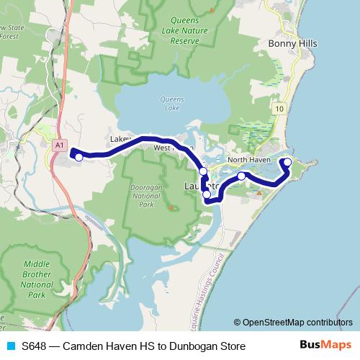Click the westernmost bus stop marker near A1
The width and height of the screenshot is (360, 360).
[78, 156]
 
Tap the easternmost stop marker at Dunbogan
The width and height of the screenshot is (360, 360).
[287, 162]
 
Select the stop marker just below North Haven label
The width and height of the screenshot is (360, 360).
[242, 176]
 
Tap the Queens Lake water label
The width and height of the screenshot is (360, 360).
[171, 104]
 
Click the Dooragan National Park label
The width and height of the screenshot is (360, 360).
[148, 194]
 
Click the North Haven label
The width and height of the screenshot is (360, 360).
[248, 159]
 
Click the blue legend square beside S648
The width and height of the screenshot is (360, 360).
[10, 346]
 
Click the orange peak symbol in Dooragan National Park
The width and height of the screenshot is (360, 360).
[171, 208]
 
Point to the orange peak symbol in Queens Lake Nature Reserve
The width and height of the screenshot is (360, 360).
[210, 10]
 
